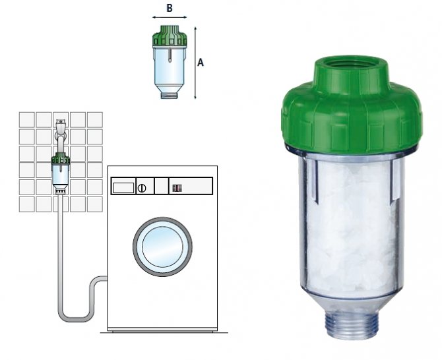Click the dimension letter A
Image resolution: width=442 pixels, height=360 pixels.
click(x=201, y=63)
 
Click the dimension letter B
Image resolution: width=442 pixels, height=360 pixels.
click(x=170, y=9)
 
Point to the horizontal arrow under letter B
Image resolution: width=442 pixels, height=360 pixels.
click(x=170, y=18)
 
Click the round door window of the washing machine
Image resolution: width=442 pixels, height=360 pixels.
click(x=162, y=247)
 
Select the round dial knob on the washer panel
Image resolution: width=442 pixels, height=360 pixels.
click(x=141, y=187)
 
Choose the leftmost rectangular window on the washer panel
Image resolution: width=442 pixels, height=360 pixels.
click(x=122, y=187)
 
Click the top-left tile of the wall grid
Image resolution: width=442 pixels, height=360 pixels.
click(x=26, y=119)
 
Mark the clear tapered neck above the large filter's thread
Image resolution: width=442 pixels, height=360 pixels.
click(x=349, y=300)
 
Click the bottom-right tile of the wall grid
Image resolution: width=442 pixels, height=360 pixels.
click(x=95, y=204)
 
